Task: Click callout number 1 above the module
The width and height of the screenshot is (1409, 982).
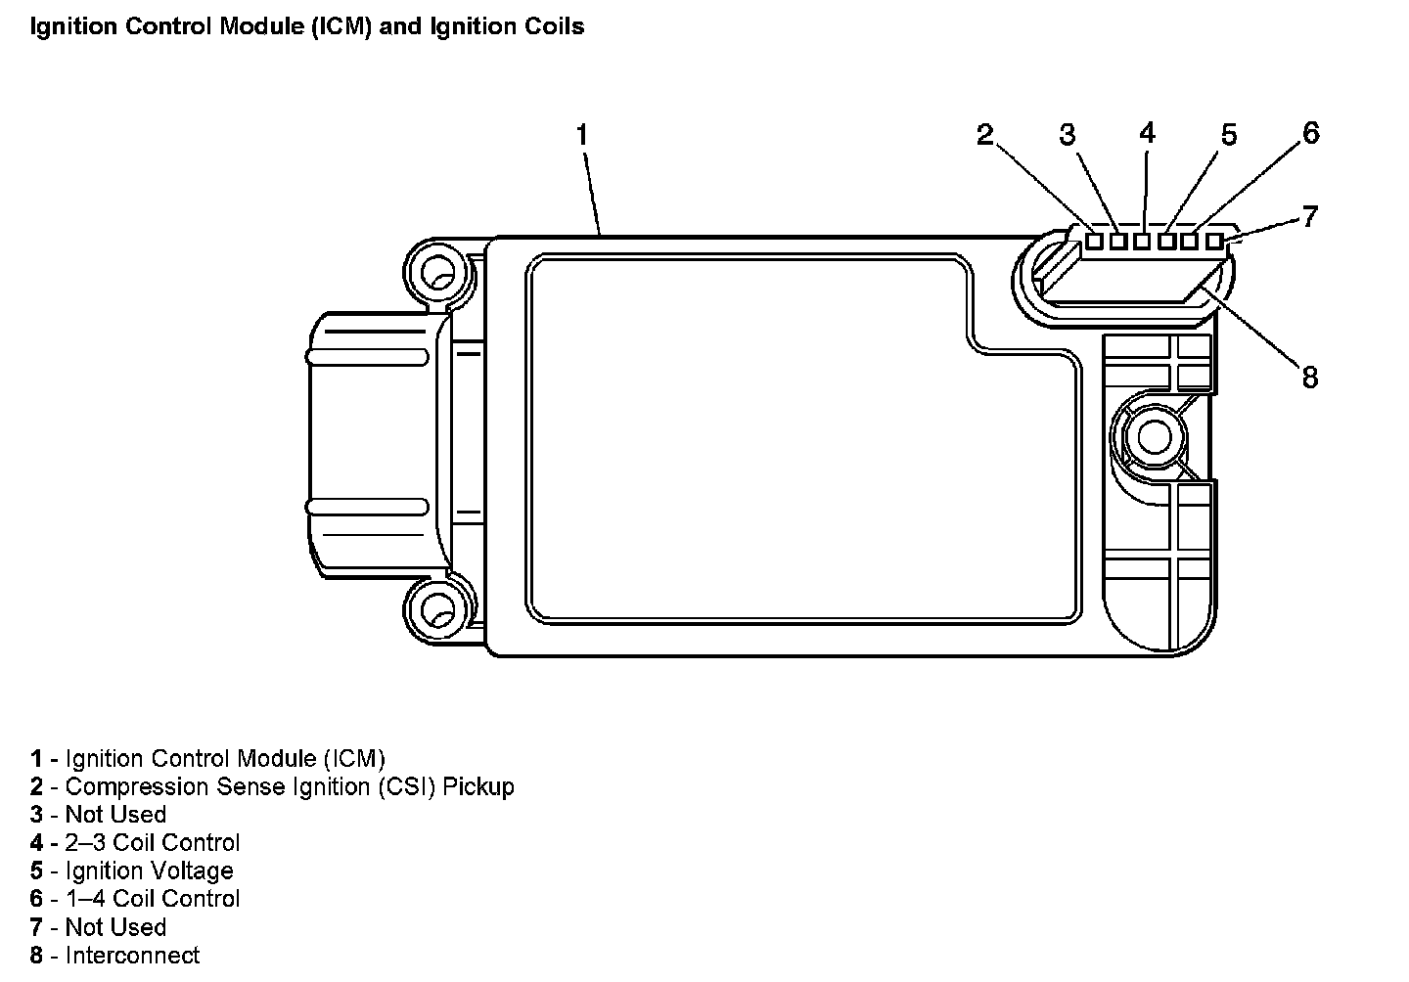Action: [x=582, y=135]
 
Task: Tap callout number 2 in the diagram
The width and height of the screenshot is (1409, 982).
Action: [x=985, y=135]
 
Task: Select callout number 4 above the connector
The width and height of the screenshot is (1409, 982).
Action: [x=1148, y=132]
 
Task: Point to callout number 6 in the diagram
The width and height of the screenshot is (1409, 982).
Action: [x=1311, y=132]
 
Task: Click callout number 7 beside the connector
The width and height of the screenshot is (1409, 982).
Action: [x=1311, y=216]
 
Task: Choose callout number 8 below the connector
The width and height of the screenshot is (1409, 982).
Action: [x=1310, y=377]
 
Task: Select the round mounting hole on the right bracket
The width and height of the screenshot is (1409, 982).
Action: [x=1155, y=436]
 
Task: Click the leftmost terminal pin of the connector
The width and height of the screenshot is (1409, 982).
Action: [x=1095, y=242]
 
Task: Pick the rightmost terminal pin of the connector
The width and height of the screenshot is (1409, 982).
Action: [x=1214, y=242]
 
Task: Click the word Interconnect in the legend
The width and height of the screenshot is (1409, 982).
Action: [x=132, y=956]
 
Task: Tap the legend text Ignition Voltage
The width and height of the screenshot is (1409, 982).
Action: [x=149, y=870]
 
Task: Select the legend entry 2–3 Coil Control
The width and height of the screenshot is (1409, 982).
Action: [x=152, y=842]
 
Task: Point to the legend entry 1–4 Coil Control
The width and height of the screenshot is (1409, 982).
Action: [x=152, y=899]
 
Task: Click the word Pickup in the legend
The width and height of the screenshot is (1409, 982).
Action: [x=478, y=786]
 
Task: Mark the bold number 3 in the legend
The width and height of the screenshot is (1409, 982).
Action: [x=36, y=815]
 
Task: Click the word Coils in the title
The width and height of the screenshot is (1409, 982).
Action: [x=555, y=26]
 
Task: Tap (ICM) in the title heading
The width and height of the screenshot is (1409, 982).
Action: [x=343, y=26]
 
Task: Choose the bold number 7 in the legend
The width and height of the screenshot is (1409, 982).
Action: [x=36, y=927]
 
